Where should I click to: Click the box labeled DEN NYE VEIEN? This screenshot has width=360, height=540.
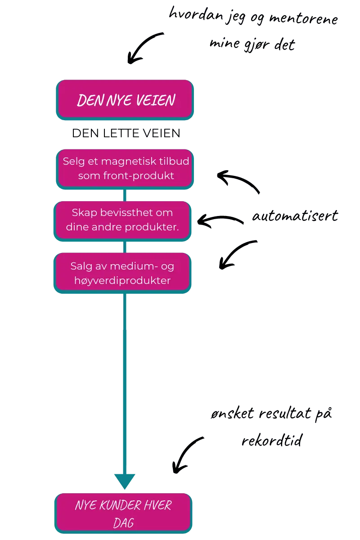(x=125, y=100)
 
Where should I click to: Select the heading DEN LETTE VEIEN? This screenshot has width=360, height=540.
(x=126, y=133)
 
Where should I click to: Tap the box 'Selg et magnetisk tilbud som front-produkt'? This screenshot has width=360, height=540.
(x=125, y=169)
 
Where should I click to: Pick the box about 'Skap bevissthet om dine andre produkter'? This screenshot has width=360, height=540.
(x=122, y=221)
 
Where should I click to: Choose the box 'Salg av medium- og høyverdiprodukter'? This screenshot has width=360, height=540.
(x=122, y=273)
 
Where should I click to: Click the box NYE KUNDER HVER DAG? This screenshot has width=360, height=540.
(x=123, y=513)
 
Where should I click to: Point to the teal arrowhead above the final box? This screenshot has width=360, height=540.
(x=125, y=481)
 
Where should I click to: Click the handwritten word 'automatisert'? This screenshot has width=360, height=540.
(x=295, y=215)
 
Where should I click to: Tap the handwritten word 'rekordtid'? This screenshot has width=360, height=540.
(x=272, y=440)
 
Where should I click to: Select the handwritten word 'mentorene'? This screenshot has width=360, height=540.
(x=304, y=18)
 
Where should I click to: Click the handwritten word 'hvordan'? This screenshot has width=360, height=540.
(x=196, y=14)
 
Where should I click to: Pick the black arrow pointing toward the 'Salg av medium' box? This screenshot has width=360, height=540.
(x=234, y=253)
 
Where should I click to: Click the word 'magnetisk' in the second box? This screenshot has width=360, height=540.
(x=124, y=161)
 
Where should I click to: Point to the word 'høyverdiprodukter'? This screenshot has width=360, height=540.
(x=122, y=281)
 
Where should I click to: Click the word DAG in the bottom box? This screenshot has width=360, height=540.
(x=123, y=523)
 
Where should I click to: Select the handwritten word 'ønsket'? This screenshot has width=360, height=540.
(x=232, y=413)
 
